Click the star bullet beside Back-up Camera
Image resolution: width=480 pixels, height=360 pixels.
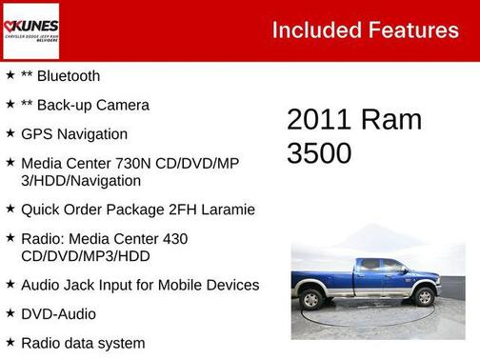tap(10, 104)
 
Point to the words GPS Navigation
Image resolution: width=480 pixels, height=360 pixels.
tap(74, 134)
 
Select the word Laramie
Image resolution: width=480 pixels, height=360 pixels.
tap(227, 209)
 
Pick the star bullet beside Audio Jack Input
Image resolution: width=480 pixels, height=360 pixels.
tap(10, 284)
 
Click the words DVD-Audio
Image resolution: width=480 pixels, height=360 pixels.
tap(58, 313)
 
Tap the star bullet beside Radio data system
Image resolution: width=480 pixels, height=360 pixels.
tap(10, 341)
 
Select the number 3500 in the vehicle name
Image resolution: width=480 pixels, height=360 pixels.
tap(320, 153)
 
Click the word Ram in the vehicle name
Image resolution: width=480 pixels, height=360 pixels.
tap(391, 120)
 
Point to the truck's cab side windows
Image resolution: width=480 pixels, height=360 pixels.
tap(380, 266)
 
